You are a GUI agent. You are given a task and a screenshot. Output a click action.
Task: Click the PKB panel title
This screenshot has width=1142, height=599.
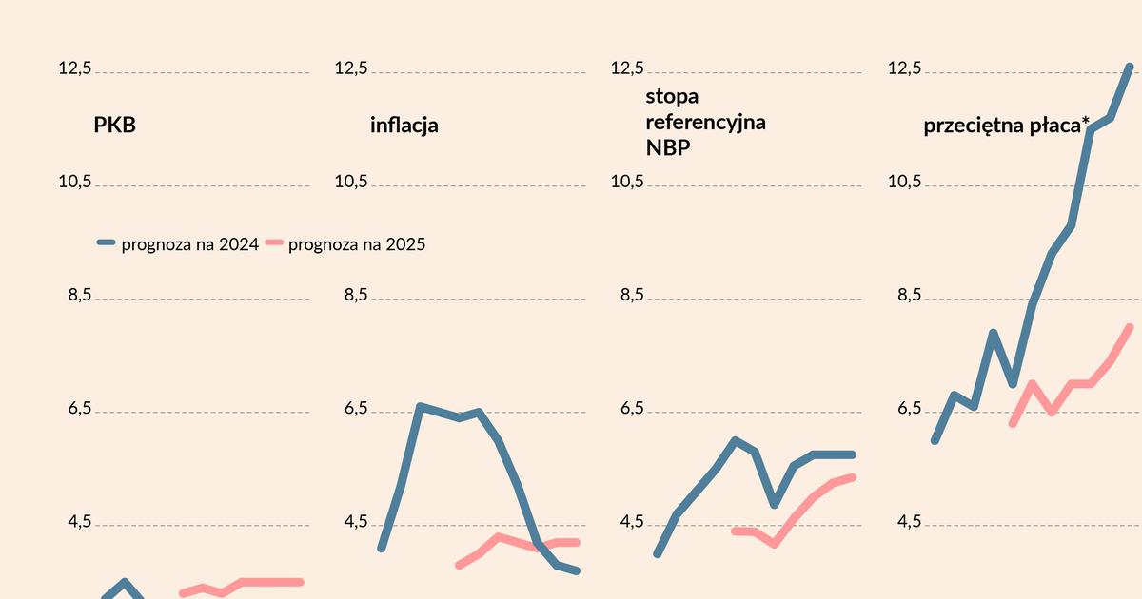[x=114, y=125]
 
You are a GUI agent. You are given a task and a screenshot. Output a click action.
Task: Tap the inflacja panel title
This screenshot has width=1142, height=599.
[x=404, y=125]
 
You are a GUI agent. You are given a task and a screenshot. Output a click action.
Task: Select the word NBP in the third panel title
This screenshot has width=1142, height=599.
[x=668, y=147]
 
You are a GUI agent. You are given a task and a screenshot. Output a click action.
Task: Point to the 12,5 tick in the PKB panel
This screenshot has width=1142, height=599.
[x=75, y=68]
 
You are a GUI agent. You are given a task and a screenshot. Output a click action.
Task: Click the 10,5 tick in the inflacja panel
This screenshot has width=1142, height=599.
[x=351, y=182]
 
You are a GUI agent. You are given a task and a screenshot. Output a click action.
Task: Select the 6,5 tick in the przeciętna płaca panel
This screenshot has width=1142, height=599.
[x=904, y=409]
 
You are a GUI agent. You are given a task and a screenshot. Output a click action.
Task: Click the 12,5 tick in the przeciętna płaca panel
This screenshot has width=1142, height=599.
[x=904, y=68]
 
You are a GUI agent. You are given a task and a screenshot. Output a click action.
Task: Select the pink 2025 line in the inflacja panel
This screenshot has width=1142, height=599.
[x=499, y=537]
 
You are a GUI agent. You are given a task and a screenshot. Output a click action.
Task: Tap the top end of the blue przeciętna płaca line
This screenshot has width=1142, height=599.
[x=1130, y=67]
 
